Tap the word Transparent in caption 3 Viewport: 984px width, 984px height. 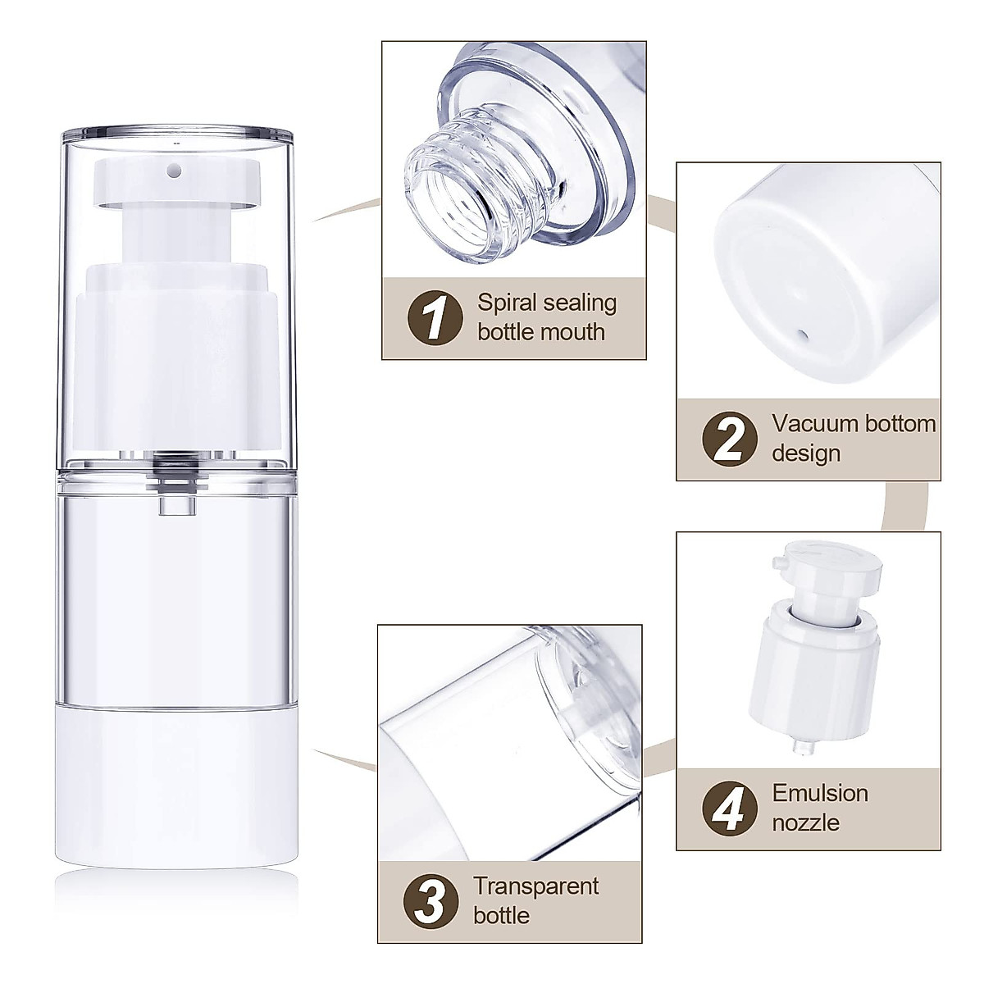pos(536,886)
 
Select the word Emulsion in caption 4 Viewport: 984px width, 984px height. pos(820,793)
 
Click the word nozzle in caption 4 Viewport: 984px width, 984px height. pos(806,822)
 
